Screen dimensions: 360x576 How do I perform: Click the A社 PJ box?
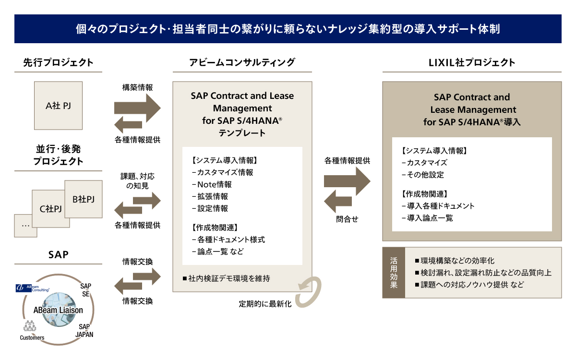click(x=58, y=106)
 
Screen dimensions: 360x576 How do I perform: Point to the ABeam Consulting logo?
click(x=33, y=288)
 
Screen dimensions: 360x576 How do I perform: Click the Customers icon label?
click(x=32, y=337)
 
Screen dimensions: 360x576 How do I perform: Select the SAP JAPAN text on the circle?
click(x=86, y=330)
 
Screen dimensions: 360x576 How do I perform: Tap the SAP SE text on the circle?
click(x=86, y=289)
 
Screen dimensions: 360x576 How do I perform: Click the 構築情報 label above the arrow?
click(x=137, y=87)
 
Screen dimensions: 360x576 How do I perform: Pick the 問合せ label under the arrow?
click(x=347, y=219)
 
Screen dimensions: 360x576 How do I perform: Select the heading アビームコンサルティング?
click(x=242, y=62)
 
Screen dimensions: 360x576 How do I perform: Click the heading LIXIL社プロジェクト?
click(x=471, y=62)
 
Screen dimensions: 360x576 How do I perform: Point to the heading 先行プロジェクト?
click(x=58, y=62)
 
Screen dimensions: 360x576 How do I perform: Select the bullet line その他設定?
click(x=422, y=175)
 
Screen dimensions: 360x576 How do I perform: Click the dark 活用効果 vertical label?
click(x=394, y=272)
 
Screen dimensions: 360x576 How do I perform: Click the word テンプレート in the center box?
click(x=242, y=133)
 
